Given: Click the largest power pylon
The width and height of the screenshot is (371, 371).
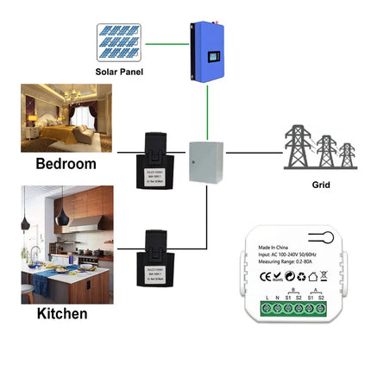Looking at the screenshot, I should click(x=299, y=147).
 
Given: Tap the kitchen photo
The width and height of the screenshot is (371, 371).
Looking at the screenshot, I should click(x=67, y=245).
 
